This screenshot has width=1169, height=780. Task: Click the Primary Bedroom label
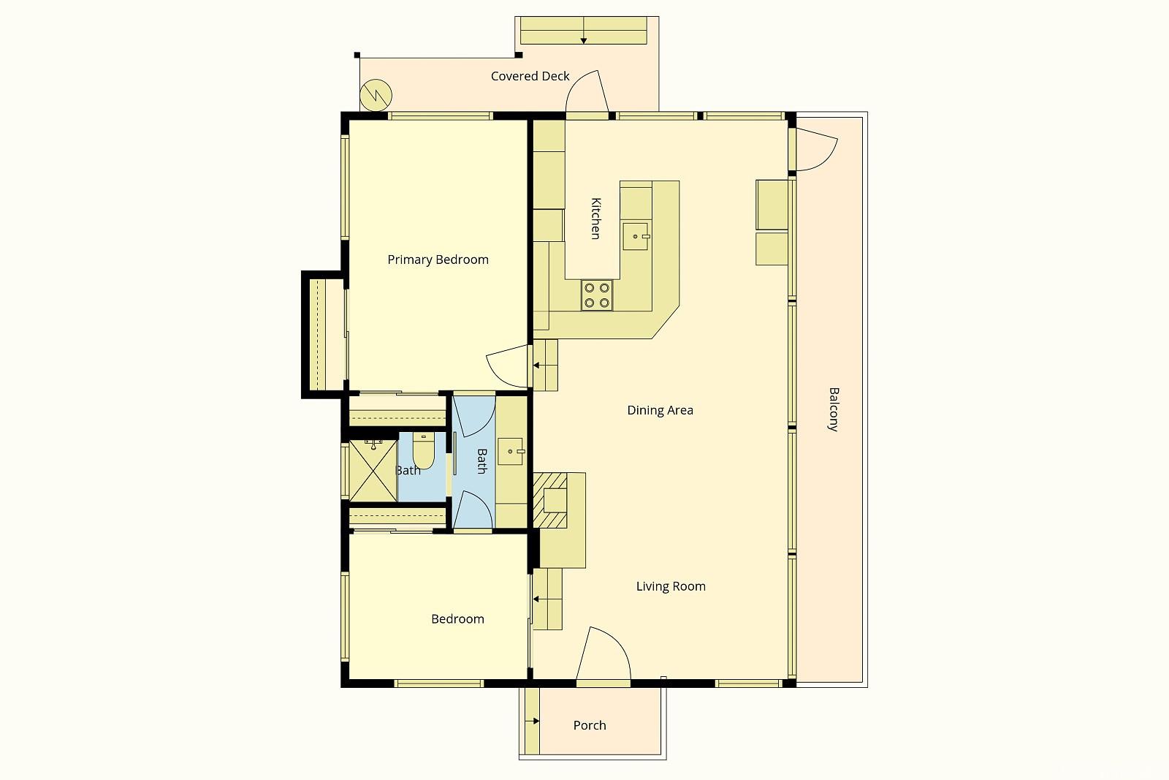pyautogui.click(x=438, y=260)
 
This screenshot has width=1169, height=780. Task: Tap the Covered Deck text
pyautogui.click(x=530, y=76)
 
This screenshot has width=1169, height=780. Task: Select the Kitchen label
pyautogui.click(x=595, y=218)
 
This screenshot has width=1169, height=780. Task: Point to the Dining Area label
pyautogui.click(x=660, y=410)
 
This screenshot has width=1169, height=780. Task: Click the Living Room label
pyautogui.click(x=671, y=586)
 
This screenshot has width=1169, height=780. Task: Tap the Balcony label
pyautogui.click(x=833, y=409)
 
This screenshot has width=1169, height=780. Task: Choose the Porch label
pyautogui.click(x=590, y=725)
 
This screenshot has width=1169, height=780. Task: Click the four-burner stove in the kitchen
pyautogui.click(x=597, y=295)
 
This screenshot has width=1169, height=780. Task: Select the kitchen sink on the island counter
pyautogui.click(x=636, y=237)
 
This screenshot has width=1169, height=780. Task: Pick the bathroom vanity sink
pyautogui.click(x=511, y=452)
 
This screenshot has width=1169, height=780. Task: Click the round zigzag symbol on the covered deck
pyautogui.click(x=376, y=94)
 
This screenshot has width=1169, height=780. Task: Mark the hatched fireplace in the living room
pyautogui.click(x=549, y=499)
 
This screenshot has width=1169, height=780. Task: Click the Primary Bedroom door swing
pyautogui.click(x=506, y=366)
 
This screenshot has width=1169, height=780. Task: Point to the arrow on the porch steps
pyautogui.click(x=535, y=722)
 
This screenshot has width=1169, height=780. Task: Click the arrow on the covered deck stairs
pyautogui.click(x=583, y=38)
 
